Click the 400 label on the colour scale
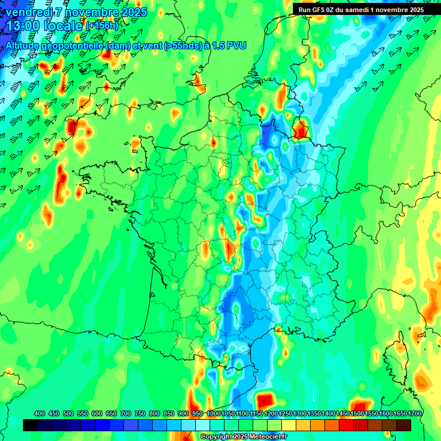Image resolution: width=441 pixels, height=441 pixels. [x=40, y=413]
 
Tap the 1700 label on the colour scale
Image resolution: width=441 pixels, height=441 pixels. [x=400, y=413]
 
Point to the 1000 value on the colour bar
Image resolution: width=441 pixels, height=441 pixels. [x=213, y=413]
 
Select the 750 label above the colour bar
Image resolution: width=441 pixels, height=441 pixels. [x=140, y=413]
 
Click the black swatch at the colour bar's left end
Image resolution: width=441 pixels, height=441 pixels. [x=31, y=425]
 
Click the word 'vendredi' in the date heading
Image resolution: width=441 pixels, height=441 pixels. [x=28, y=12]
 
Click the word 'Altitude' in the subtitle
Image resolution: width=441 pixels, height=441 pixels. [x=25, y=45]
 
